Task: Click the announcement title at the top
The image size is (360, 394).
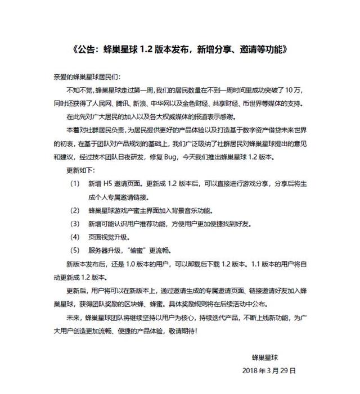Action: click(x=180, y=49)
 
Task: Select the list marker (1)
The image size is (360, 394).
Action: click(x=74, y=184)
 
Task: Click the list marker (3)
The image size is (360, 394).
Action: click(x=74, y=223)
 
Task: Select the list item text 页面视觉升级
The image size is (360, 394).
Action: click(x=107, y=237)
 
